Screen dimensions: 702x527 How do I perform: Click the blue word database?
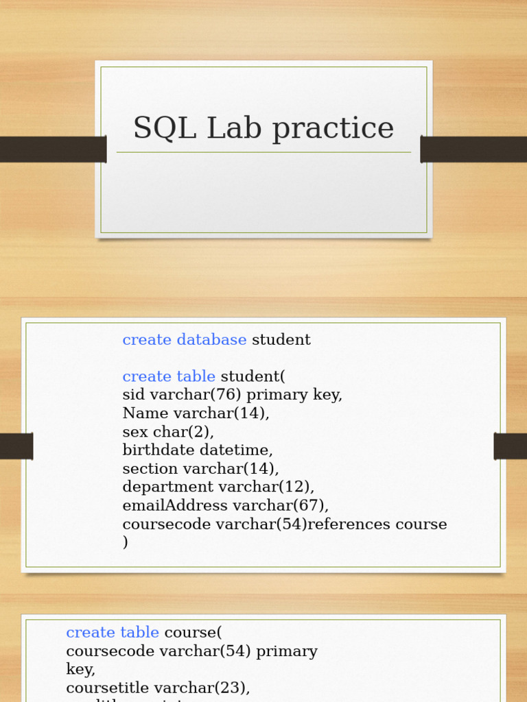(211, 340)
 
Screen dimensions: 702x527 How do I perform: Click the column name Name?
(145, 413)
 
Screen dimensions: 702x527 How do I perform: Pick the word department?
(168, 487)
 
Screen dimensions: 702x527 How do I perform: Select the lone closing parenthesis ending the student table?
(126, 543)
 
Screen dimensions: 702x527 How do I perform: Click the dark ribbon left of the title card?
(52, 149)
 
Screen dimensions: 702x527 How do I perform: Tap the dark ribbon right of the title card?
(473, 149)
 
